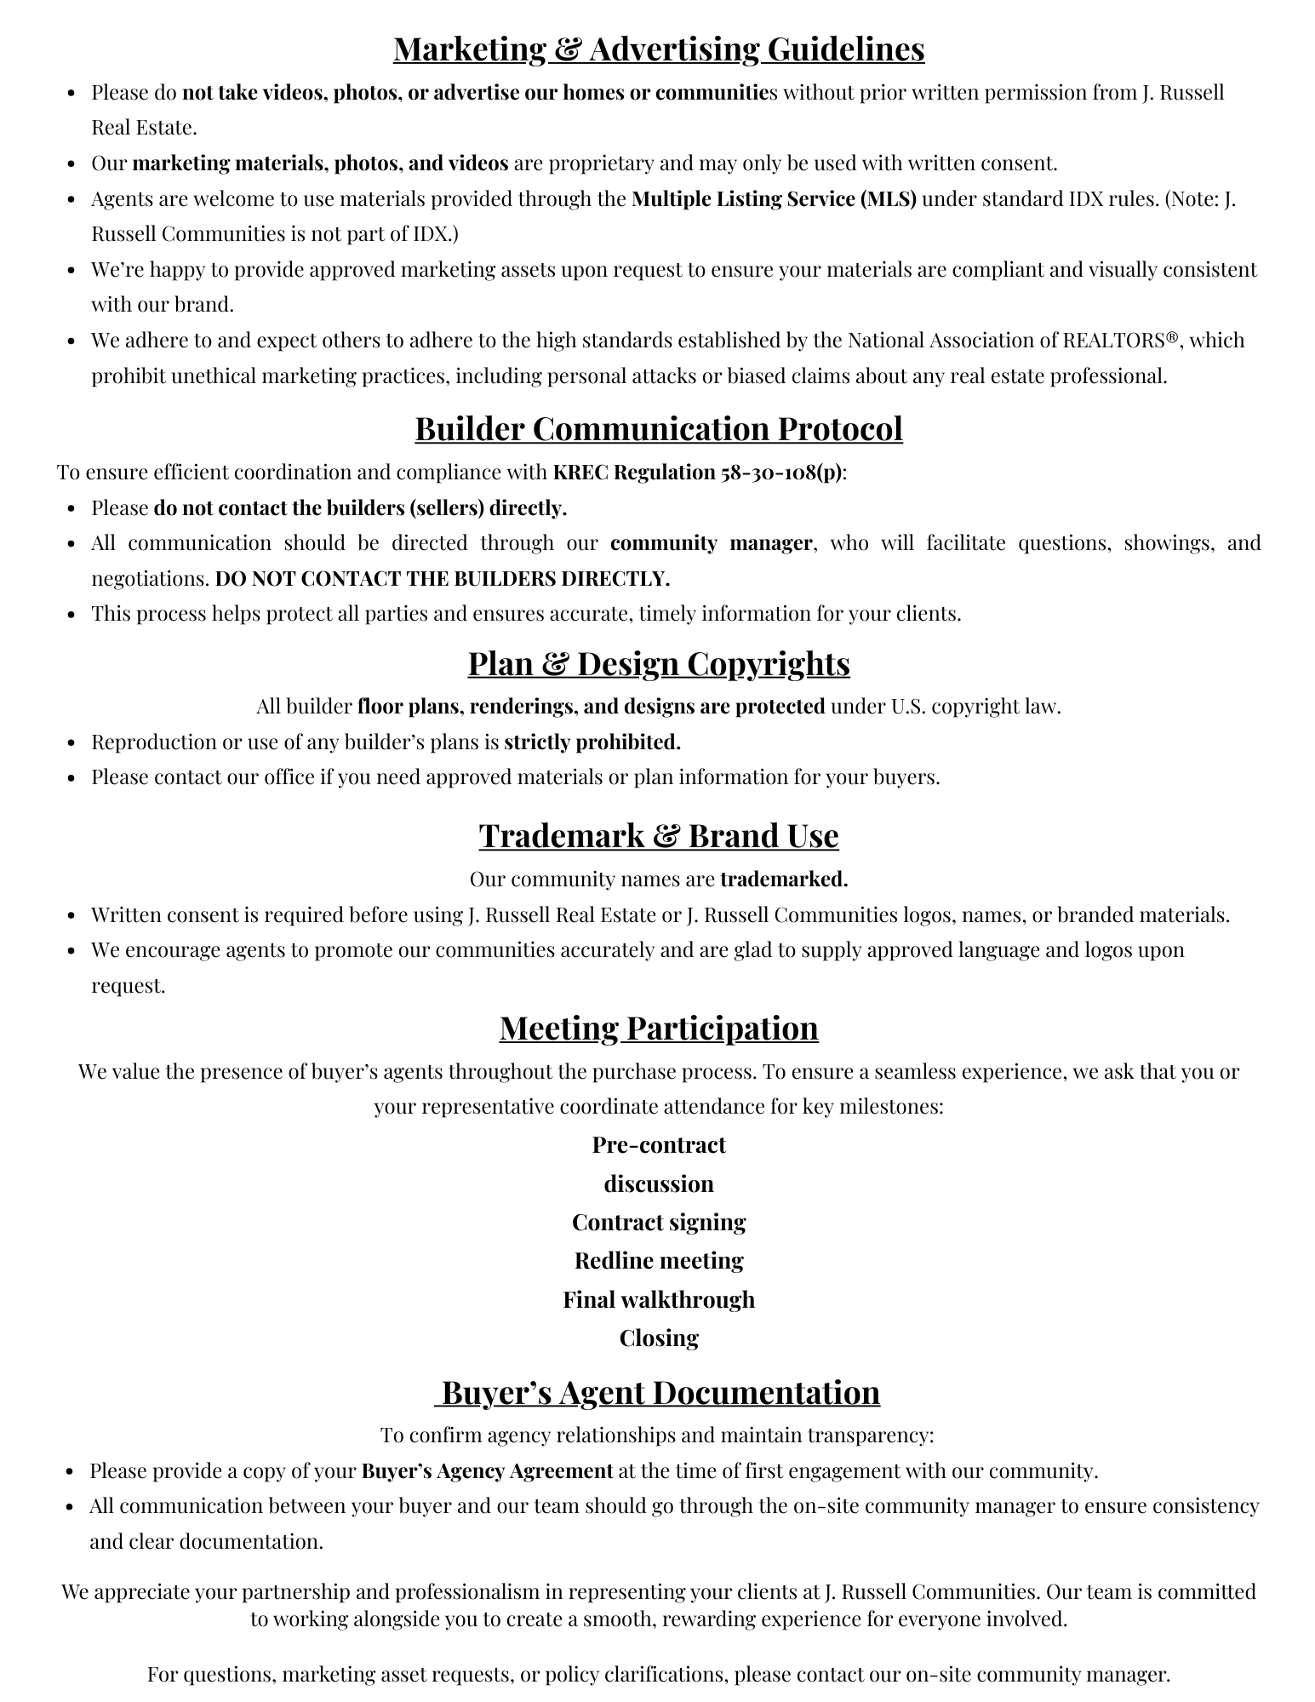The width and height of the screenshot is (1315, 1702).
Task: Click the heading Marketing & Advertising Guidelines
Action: pos(658,49)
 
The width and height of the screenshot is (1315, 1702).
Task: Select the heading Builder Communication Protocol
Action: pos(658,428)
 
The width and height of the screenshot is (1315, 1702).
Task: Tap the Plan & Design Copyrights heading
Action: pos(658,663)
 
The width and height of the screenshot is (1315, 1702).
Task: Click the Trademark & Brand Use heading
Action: pos(658,835)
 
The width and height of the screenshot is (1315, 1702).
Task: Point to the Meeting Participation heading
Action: pos(658,1028)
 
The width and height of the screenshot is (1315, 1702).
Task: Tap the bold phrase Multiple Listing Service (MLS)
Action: pos(774,199)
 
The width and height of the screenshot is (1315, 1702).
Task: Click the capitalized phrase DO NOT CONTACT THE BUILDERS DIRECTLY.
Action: pos(442,579)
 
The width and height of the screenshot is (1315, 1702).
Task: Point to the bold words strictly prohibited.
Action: pos(592,742)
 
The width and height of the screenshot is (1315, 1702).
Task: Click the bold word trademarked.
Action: pos(783,879)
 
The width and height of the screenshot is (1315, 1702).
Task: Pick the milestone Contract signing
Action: pos(658,1223)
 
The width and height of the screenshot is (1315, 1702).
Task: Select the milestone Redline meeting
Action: pos(658,1260)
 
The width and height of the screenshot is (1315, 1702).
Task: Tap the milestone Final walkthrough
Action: pos(658,1299)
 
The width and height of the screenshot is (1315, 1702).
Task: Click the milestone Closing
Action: pos(658,1338)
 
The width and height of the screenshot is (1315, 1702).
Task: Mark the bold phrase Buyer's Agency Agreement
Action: pos(487,1471)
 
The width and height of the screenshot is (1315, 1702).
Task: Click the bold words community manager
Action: pos(711,543)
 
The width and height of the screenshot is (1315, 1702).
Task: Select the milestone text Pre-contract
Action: pos(658,1145)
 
